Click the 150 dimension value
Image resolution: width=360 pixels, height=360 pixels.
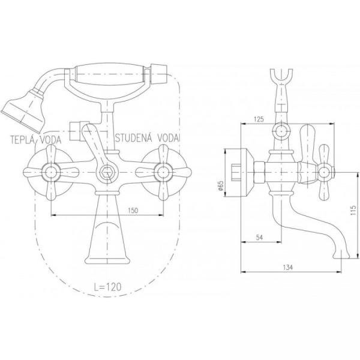pyautogui.click(x=133, y=211)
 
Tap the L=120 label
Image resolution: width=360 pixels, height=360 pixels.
pyautogui.click(x=107, y=287)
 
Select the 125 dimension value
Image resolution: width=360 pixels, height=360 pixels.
pyautogui.click(x=259, y=119)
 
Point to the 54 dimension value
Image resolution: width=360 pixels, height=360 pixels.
pyautogui.click(x=259, y=238)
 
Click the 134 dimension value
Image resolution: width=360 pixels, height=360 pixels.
pyautogui.click(x=288, y=268)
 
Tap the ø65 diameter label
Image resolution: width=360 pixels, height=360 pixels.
pyautogui.click(x=221, y=185)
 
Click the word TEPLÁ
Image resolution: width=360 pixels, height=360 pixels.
pyautogui.click(x=23, y=140)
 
